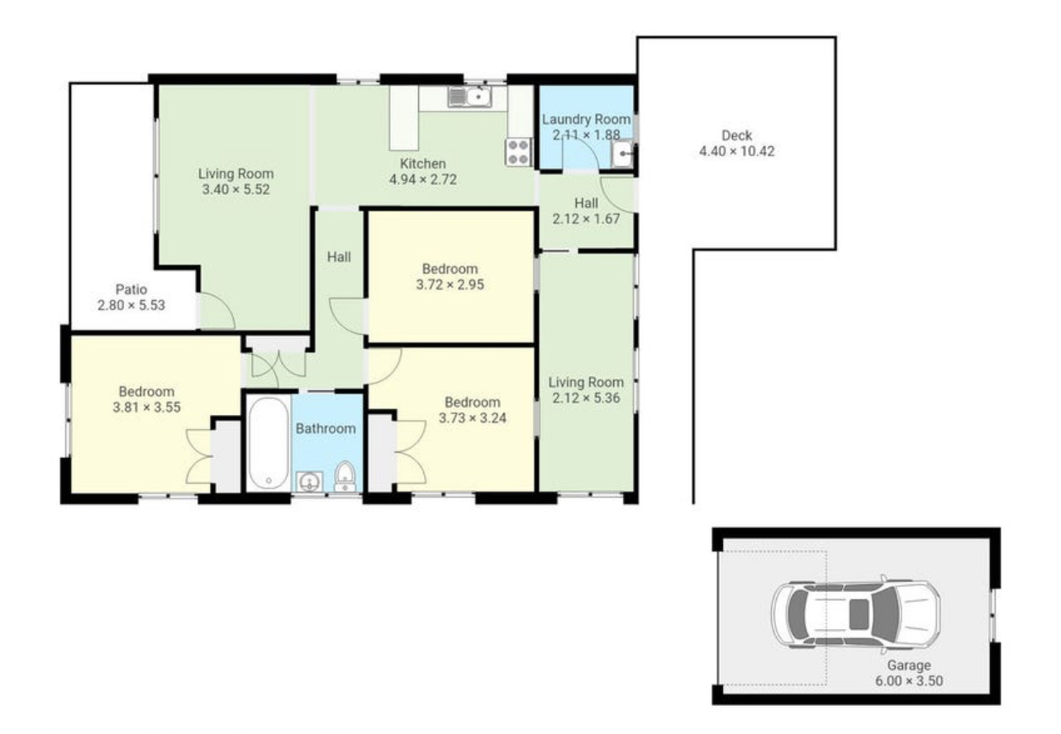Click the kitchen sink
coord(470,98)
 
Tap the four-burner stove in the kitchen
coord(518,152)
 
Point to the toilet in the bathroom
coord(345,477)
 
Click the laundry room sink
coord(622,154)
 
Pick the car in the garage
coord(855,612)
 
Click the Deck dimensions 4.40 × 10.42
coord(737,151)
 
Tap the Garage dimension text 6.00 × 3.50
coord(909,681)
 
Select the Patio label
coord(131,289)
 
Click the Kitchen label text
coord(423,164)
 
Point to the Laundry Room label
coord(587,119)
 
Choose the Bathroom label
coord(326,429)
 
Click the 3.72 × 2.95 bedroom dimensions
coord(450,285)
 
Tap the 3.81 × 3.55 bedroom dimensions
coord(147,408)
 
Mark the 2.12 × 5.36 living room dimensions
coord(586,398)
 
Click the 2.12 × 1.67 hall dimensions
coord(586,219)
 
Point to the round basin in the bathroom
coord(309,482)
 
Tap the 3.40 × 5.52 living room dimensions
coord(236,189)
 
